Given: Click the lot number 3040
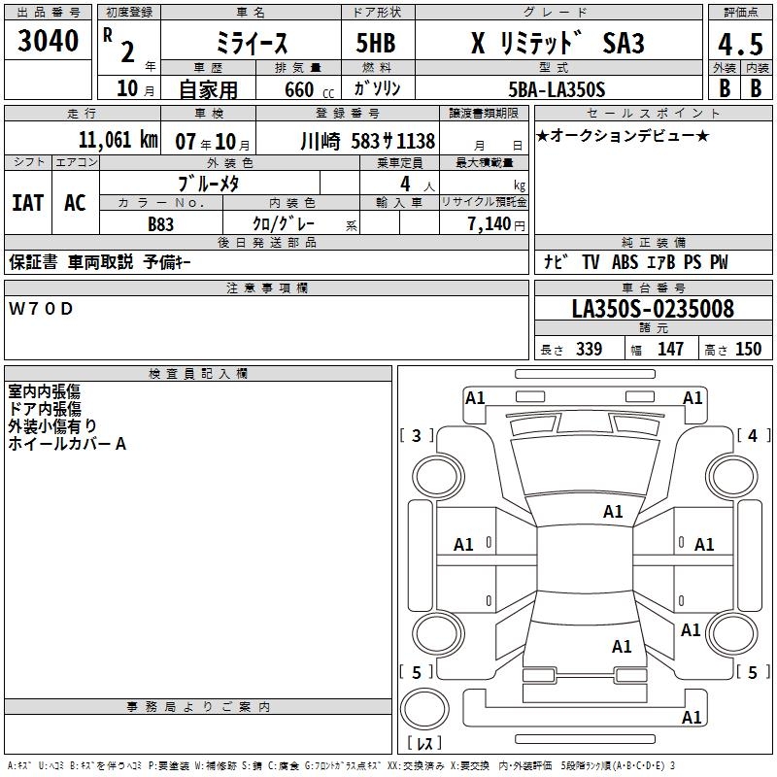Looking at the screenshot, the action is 49,41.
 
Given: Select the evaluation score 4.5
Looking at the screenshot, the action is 738,46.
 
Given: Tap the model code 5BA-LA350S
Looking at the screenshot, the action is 557,89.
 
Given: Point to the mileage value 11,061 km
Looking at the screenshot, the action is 117,140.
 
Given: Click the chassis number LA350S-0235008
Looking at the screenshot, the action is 653,309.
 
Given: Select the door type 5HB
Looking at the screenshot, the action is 375,45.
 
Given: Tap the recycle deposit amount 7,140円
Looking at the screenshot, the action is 495,223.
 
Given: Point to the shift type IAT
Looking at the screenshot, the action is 27,202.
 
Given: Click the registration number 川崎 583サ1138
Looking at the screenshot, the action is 368,140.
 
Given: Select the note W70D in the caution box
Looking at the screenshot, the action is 41,309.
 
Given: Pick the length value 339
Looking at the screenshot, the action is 589,350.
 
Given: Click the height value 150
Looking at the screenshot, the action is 748,350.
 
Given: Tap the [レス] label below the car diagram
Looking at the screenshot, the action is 423,744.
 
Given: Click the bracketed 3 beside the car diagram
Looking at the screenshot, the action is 417,436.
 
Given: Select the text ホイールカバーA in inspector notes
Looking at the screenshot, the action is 67,444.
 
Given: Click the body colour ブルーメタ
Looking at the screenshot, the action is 209,184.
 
